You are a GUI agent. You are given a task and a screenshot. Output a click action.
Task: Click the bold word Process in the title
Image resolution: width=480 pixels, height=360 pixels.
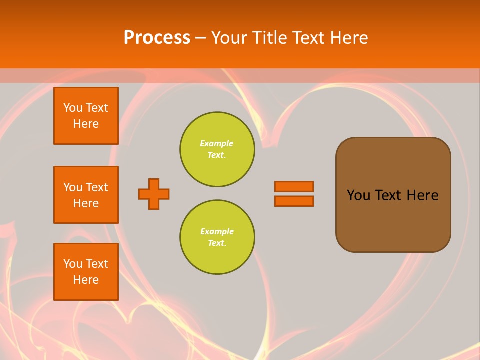[x=157, y=38]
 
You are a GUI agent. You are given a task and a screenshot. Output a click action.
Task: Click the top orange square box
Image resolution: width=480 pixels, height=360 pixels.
[x=86, y=116]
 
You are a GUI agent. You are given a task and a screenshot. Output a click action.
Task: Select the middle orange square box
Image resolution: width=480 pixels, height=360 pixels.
[x=86, y=195]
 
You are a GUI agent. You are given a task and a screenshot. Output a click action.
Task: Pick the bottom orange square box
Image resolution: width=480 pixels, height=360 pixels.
[x=86, y=272]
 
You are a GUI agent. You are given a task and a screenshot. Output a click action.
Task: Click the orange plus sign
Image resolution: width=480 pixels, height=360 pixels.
[x=154, y=194]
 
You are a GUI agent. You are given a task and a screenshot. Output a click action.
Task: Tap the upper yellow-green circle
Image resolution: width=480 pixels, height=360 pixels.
[x=217, y=149]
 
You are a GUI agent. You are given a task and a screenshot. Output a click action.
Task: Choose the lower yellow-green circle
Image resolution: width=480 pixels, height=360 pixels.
[x=217, y=237]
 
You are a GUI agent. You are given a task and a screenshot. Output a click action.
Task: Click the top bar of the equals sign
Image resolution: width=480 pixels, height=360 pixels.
[x=294, y=186]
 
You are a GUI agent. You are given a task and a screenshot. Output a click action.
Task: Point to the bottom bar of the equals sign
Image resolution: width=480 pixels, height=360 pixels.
[x=294, y=201]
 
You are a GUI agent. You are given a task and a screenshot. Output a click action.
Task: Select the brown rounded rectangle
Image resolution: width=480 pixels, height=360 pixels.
[x=393, y=195]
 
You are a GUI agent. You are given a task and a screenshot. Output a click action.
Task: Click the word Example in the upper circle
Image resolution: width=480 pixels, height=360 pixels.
[x=216, y=143]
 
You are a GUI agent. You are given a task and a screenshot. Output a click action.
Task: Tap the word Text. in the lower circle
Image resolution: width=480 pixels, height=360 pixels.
[x=217, y=243]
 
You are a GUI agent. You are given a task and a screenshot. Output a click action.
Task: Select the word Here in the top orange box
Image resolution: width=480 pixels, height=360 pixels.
[x=86, y=124]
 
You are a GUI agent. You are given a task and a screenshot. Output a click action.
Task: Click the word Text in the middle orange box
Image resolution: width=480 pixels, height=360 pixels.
[x=97, y=187]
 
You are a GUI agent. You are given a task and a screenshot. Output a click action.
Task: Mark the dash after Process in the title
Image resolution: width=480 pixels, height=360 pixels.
[x=200, y=38]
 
